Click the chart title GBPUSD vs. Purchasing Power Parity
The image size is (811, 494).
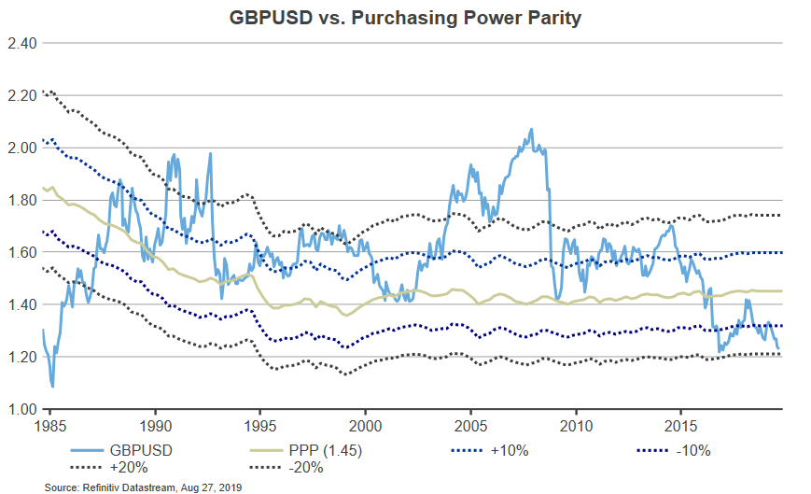pos(405,19)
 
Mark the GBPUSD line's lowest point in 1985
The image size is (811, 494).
pos(52,387)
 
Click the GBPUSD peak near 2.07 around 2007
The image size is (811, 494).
pos(531,130)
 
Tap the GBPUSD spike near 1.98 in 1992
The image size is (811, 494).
pos(210,153)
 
